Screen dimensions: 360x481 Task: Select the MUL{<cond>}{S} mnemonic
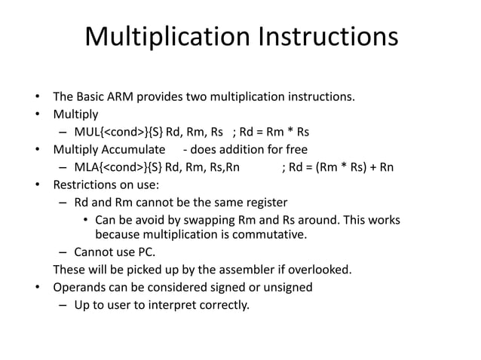pyautogui.click(x=118, y=132)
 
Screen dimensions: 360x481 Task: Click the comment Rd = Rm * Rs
pyautogui.click(x=271, y=132)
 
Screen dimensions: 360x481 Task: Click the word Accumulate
pyautogui.click(x=136, y=149)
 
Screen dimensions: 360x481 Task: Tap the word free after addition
pyautogui.click(x=292, y=149)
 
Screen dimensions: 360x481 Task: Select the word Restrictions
pyautogui.click(x=85, y=184)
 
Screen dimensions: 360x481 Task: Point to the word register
pyautogui.click(x=263, y=202)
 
